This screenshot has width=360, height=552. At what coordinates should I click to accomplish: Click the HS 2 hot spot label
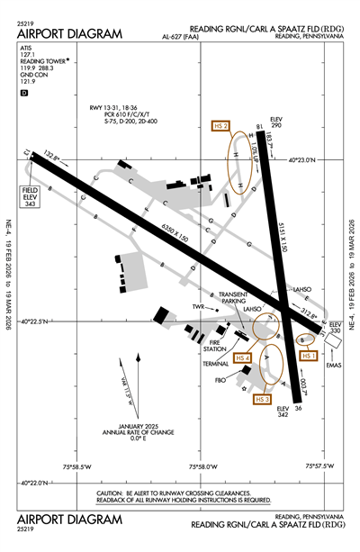[220, 127]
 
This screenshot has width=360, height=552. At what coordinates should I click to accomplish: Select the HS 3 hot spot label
[262, 398]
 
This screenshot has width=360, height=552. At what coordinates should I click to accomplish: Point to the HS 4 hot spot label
[242, 357]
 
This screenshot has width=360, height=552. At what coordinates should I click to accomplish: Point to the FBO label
[219, 382]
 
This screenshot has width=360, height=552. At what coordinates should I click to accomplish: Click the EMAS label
[334, 366]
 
